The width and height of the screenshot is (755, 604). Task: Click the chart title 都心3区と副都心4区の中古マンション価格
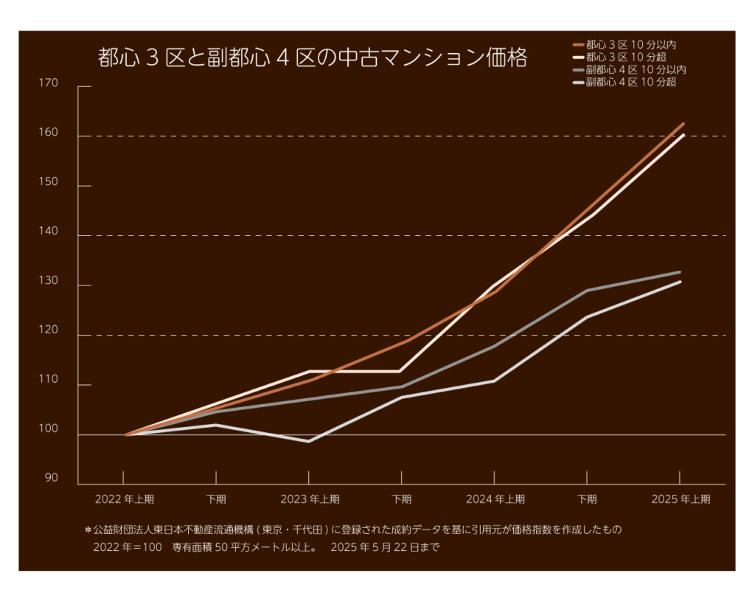tap(312, 58)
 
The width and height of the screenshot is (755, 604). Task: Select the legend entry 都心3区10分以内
tap(630, 45)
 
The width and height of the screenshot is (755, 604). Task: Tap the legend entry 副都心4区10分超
tap(630, 82)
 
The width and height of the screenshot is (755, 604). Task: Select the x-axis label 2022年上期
tap(124, 499)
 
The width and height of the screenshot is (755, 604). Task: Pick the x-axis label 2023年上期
tap(309, 499)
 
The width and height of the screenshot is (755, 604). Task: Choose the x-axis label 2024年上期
tap(495, 499)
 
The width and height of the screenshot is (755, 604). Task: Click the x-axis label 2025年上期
tap(680, 499)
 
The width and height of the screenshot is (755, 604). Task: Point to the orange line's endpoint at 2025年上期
tap(683, 124)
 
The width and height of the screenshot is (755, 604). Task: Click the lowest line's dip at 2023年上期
tap(308, 441)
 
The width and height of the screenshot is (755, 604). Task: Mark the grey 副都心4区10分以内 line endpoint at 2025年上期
tap(680, 272)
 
